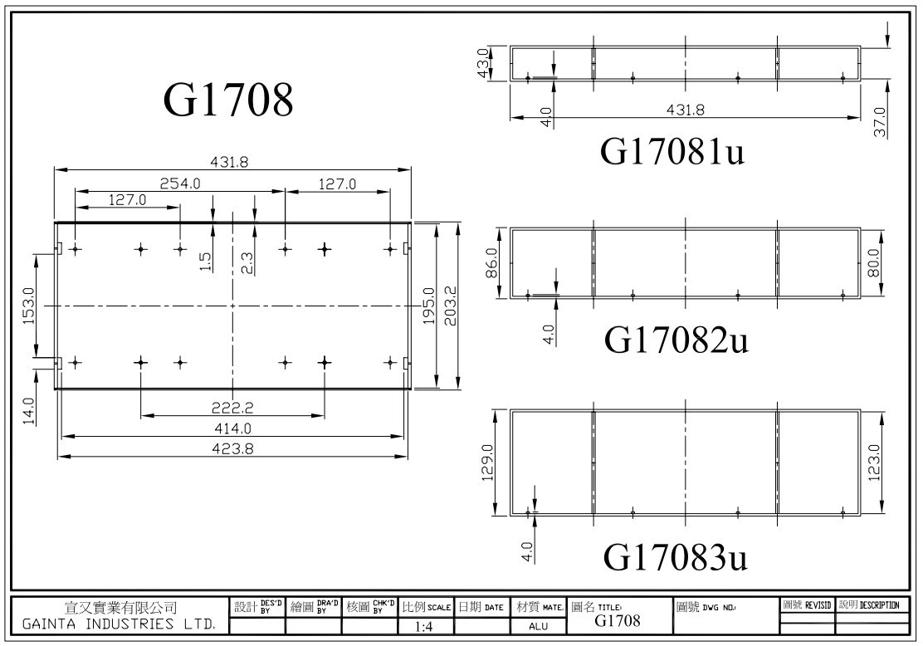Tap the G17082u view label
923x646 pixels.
(676, 340)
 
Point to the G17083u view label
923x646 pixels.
(676, 557)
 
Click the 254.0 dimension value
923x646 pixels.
(180, 184)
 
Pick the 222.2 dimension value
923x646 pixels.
(232, 407)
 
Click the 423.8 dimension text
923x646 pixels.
(232, 448)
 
